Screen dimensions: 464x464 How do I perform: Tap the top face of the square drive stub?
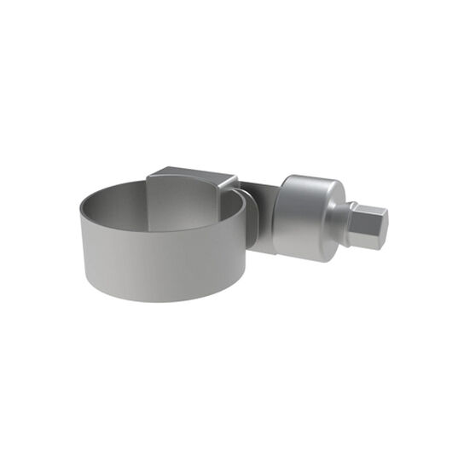[368, 209]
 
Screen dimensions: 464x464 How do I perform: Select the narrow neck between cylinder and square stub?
[351, 219]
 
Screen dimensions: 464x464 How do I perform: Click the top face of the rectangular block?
[191, 174]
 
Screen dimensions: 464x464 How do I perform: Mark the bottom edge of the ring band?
[162, 299]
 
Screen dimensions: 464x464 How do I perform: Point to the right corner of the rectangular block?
[235, 178]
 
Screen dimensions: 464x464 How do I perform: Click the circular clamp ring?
[162, 247]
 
